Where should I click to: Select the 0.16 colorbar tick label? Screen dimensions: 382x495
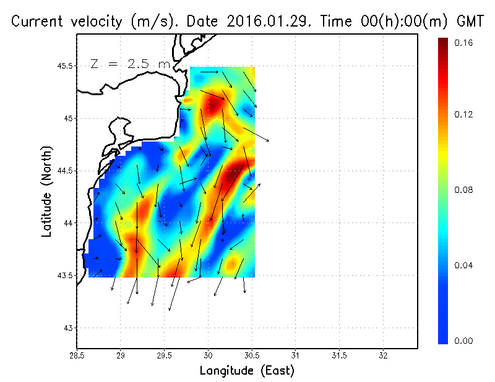[463, 43]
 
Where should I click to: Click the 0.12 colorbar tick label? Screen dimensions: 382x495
[463, 115]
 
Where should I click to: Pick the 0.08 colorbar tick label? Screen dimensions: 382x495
[463, 190]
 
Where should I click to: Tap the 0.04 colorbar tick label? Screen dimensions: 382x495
[463, 266]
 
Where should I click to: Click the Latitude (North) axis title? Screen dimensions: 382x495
[47, 192]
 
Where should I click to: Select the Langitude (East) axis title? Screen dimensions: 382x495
[247, 371]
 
